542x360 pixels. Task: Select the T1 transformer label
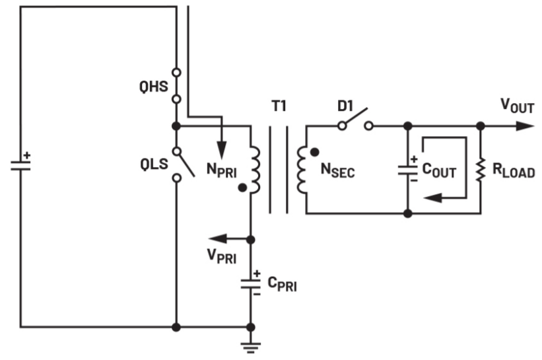(x=279, y=106)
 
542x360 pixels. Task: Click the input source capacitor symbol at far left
(x=20, y=164)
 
